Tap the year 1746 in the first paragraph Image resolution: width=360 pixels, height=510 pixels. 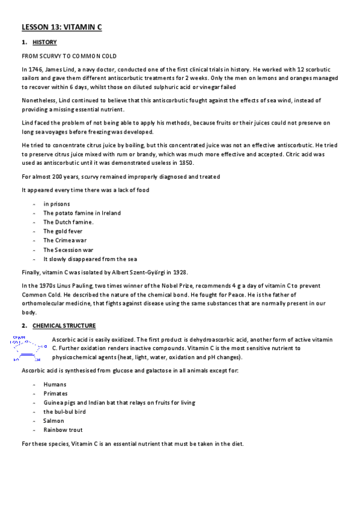coord(34,70)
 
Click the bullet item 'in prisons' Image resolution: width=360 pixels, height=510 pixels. coord(55,204)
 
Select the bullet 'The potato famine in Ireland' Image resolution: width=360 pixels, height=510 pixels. coord(82,214)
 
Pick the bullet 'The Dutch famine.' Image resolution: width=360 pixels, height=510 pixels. coord(68,223)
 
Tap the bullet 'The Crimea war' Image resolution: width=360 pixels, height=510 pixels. coord(65,241)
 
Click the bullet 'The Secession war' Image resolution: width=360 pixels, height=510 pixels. coord(69,250)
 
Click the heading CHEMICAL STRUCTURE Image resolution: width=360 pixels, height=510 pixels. coord(64,326)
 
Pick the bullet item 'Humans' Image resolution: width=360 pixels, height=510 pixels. coord(55,384)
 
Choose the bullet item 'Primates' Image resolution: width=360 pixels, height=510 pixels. coord(56,393)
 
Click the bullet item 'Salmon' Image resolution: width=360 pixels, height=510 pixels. coord(54,421)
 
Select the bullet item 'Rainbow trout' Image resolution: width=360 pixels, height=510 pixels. coord(63,430)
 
